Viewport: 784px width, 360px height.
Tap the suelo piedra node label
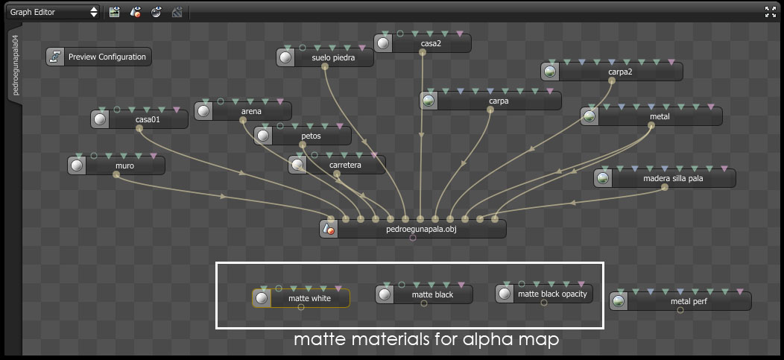click(x=333, y=57)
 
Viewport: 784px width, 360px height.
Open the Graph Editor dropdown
click(x=54, y=11)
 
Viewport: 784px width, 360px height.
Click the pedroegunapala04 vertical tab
click(x=15, y=67)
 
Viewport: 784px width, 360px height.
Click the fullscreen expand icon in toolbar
click(x=771, y=11)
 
